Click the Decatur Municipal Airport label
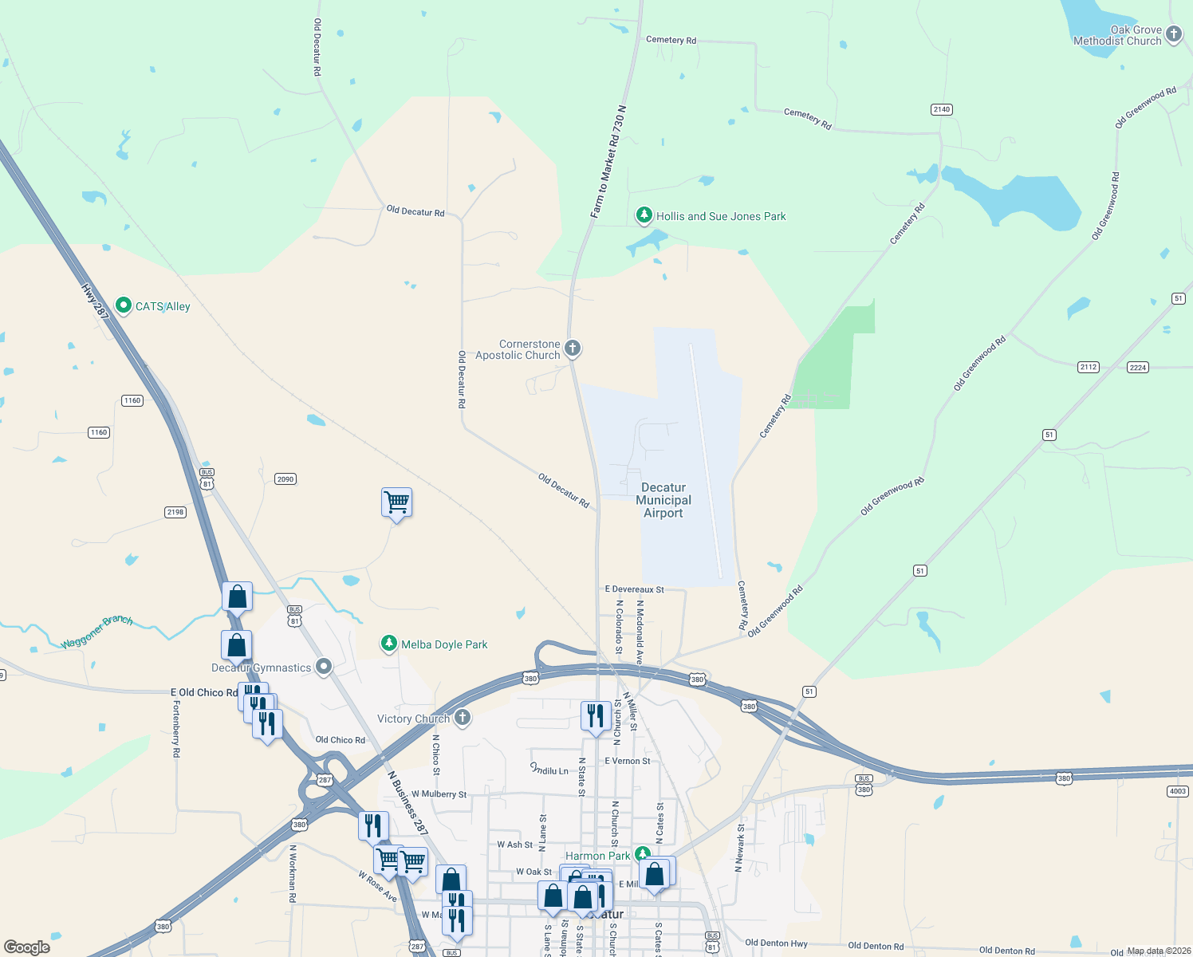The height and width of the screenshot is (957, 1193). point(663,500)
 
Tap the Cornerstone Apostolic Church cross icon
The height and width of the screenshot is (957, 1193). point(572,349)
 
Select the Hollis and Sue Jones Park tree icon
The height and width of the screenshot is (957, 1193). point(644,215)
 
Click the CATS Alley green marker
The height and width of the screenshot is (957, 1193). point(124,305)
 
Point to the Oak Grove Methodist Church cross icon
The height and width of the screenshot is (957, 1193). point(1173,34)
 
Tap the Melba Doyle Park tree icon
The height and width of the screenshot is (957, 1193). point(388,644)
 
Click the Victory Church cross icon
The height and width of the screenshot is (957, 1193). point(462,718)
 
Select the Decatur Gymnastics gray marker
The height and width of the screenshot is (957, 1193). point(324,667)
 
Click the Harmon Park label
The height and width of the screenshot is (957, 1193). point(597,856)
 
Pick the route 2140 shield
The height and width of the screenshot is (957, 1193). point(942,109)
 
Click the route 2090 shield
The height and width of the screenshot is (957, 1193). point(285,479)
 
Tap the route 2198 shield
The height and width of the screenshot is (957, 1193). point(175,512)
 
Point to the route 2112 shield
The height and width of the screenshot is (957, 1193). point(1089,367)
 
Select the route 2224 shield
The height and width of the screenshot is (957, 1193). point(1138,367)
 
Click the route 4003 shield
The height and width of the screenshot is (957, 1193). point(1177,791)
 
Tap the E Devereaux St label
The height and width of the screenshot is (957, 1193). point(634,589)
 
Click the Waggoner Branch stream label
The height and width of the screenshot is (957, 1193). point(96,632)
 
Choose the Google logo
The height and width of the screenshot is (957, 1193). point(27,947)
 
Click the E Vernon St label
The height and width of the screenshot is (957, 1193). point(627,761)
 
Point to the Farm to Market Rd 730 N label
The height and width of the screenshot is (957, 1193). point(608,162)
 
